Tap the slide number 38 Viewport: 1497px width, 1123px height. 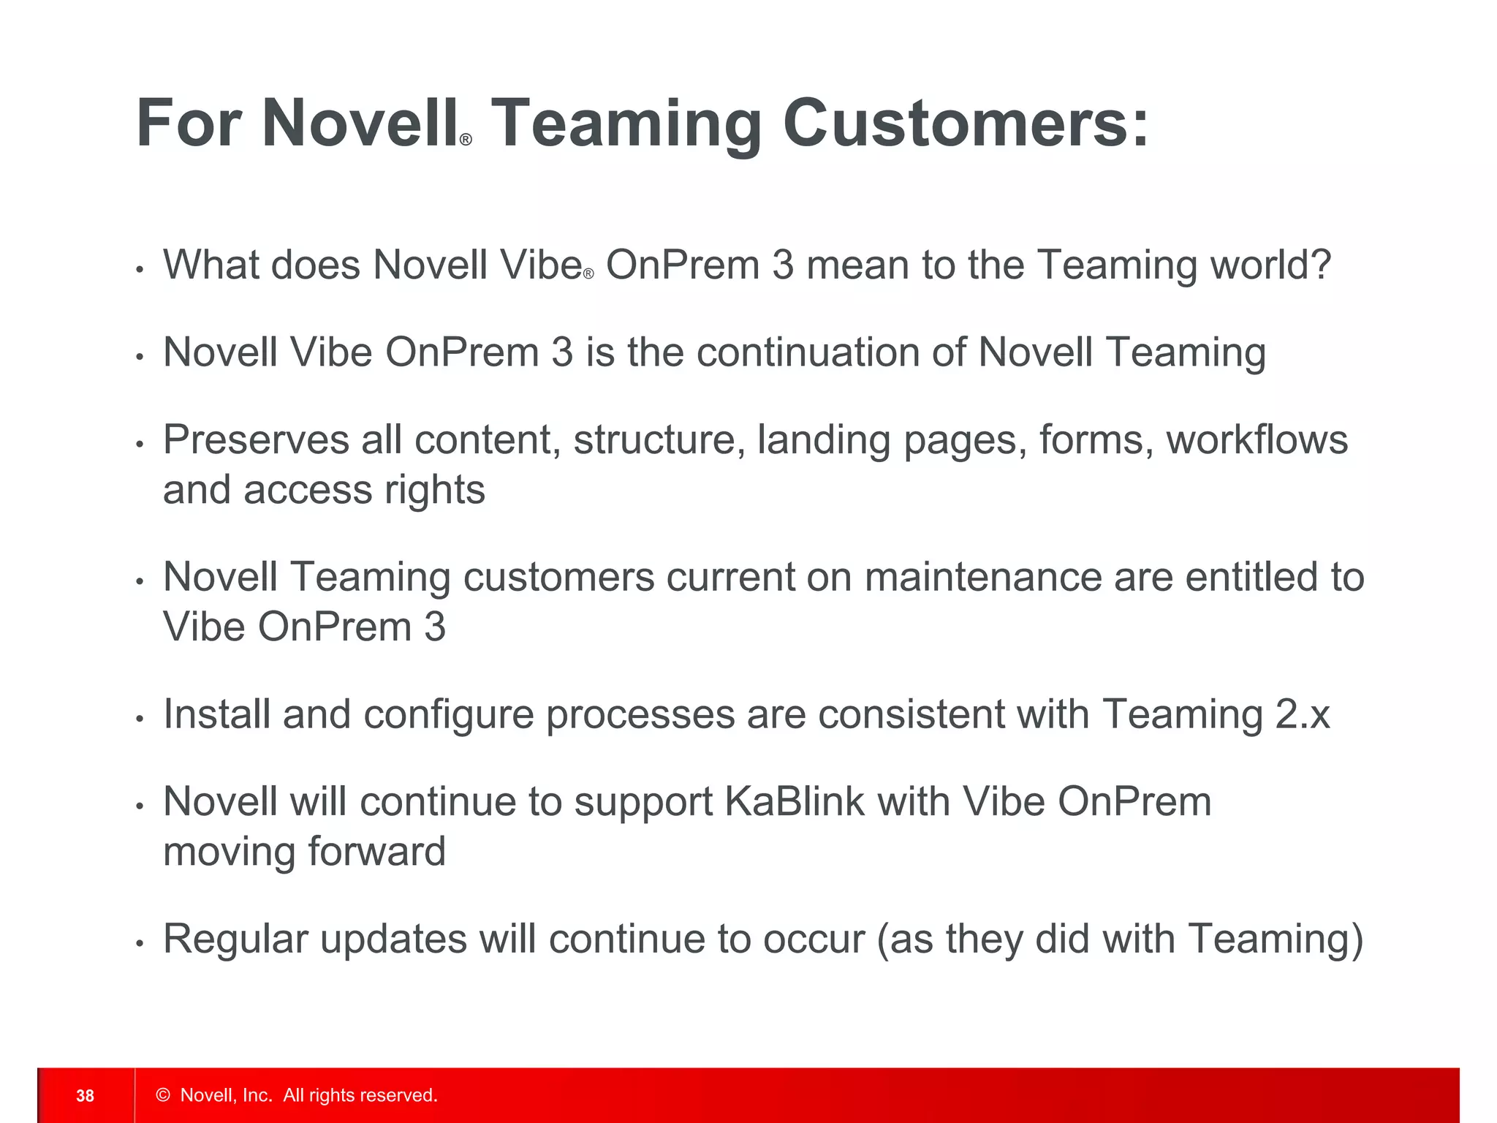pos(86,1095)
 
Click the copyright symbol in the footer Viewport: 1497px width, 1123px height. pos(163,1095)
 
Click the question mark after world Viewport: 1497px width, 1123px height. pos(1320,265)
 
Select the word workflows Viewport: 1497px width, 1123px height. pos(1257,440)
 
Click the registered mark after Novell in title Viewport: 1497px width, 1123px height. pos(466,140)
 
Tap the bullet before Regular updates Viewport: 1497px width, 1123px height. pos(140,944)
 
